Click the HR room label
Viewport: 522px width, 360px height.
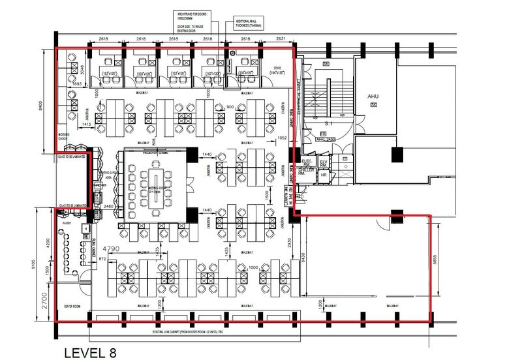(x=323, y=175)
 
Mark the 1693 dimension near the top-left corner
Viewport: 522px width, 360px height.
(x=76, y=84)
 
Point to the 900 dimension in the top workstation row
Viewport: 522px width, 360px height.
(x=230, y=107)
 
